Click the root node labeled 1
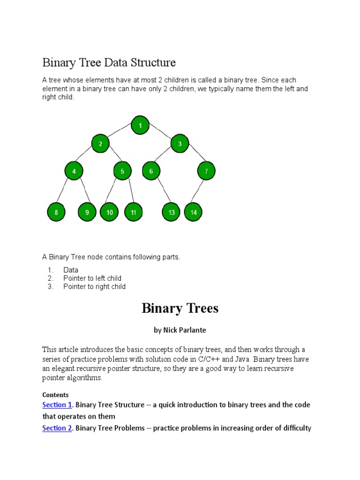point(140,125)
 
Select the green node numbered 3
point(180,143)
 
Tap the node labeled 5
point(122,171)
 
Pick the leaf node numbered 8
point(56,212)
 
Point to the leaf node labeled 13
point(172,212)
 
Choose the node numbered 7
point(206,171)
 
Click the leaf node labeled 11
point(134,212)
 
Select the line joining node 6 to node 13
point(161,192)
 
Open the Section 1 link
point(57,405)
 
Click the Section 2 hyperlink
point(57,427)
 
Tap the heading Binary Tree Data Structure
point(109,62)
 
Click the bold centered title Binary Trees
point(180,308)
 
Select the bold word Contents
point(55,395)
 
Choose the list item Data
point(71,270)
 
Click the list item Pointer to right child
point(94,286)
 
